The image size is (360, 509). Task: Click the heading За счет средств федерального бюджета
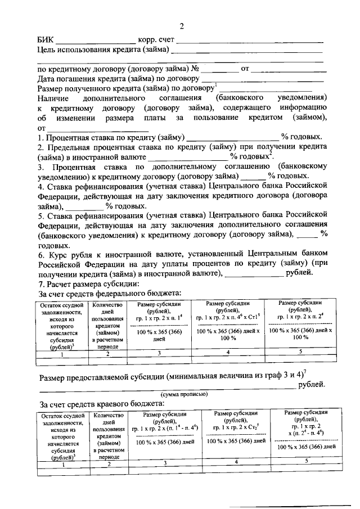coord(109,293)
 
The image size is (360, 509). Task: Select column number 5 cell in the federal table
coord(300,352)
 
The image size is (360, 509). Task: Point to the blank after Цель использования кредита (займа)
coord(247,51)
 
